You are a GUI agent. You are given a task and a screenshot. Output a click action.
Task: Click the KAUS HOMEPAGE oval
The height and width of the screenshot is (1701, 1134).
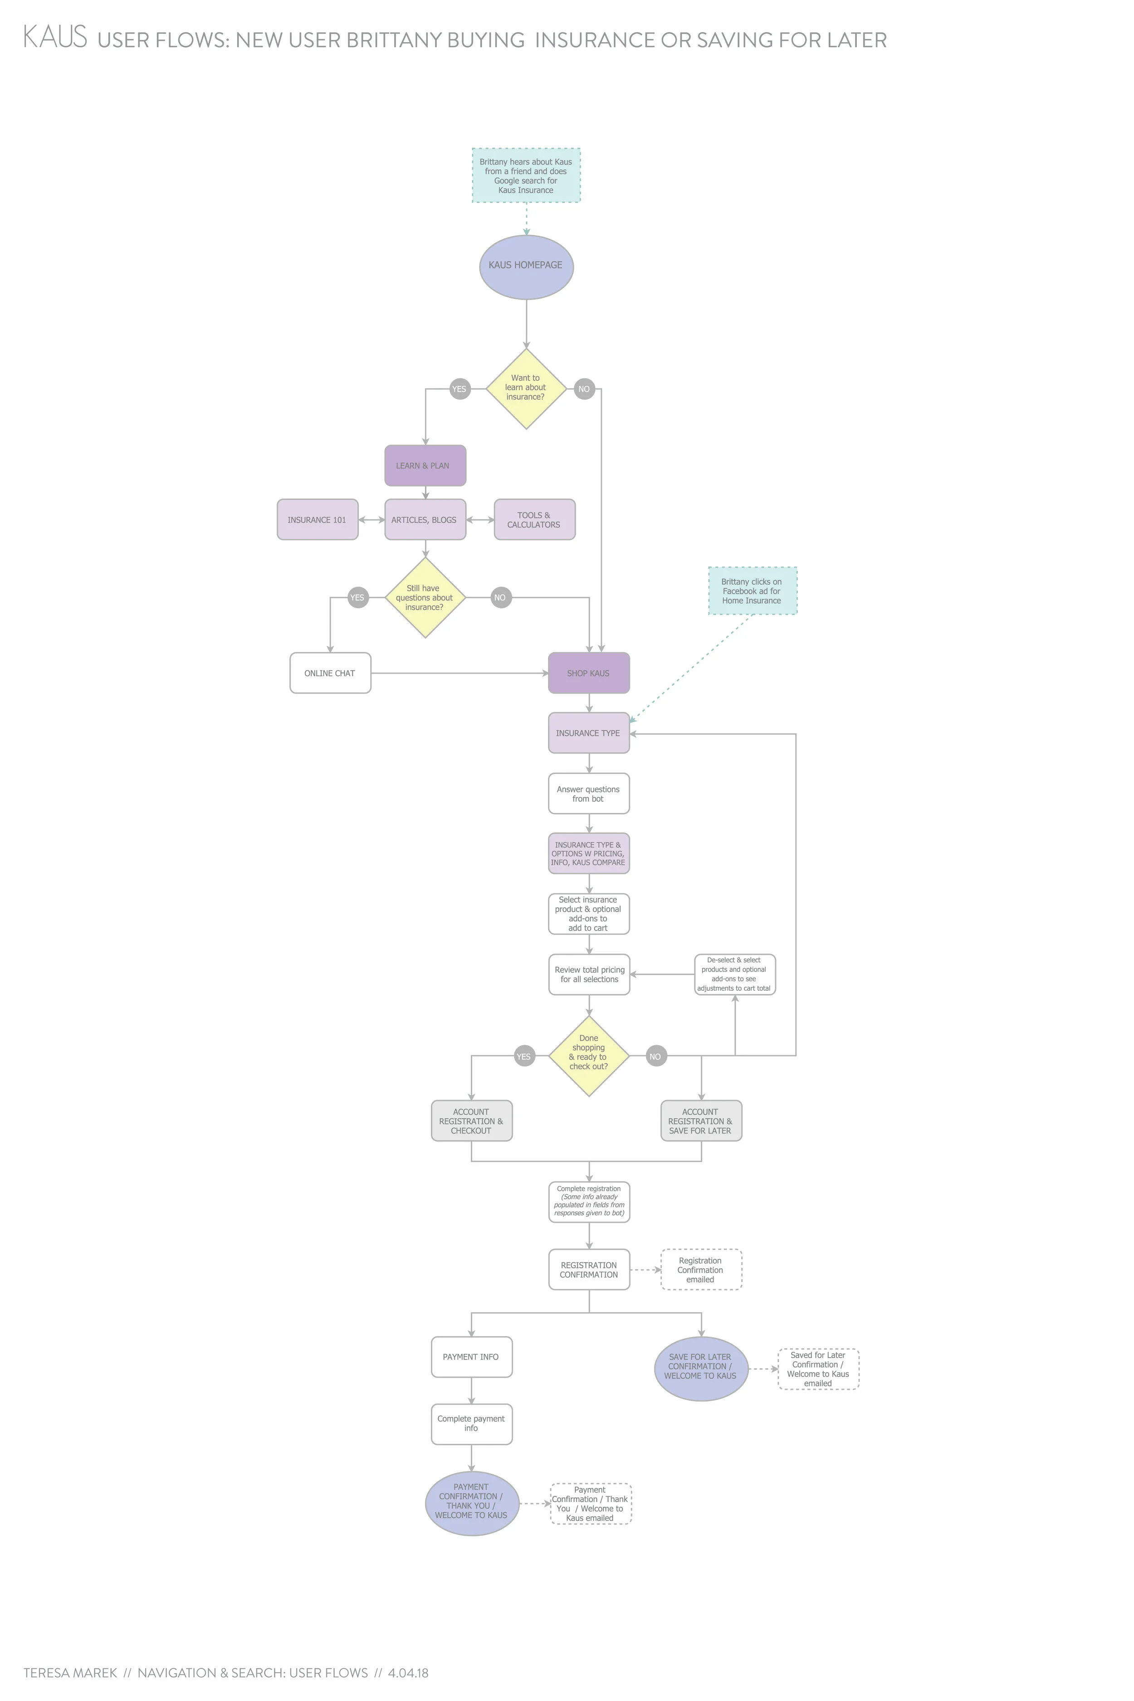(x=526, y=266)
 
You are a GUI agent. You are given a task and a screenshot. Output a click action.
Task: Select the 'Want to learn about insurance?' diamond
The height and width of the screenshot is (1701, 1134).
(x=526, y=388)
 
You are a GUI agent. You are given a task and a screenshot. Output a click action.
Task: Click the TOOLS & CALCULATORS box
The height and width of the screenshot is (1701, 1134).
(x=534, y=519)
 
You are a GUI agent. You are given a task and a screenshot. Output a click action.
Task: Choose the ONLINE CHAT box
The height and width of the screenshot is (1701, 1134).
(x=330, y=673)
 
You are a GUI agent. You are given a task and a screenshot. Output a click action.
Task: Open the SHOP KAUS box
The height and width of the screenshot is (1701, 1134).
(x=589, y=673)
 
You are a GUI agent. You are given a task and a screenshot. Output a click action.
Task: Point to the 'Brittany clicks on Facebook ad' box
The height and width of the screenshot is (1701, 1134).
(x=752, y=591)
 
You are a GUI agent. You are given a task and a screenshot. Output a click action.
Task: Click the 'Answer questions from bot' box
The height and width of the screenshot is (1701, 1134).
(x=589, y=793)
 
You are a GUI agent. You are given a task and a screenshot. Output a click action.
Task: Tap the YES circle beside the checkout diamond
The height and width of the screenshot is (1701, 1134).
(x=523, y=1056)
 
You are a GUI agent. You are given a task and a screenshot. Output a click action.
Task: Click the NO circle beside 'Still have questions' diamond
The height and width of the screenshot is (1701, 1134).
(x=500, y=597)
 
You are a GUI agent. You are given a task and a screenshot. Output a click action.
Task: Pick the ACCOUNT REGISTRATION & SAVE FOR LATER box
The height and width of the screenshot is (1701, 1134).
(x=701, y=1120)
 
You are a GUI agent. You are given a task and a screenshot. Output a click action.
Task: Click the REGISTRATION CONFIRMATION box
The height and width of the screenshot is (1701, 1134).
(x=589, y=1269)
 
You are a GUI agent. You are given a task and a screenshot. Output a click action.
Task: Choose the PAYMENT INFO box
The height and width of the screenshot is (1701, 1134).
(x=472, y=1357)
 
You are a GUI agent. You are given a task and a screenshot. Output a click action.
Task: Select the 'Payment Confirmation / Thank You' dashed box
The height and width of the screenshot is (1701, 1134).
(x=591, y=1504)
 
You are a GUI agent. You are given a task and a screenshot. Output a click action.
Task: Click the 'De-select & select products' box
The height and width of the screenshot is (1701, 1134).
(x=735, y=974)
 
